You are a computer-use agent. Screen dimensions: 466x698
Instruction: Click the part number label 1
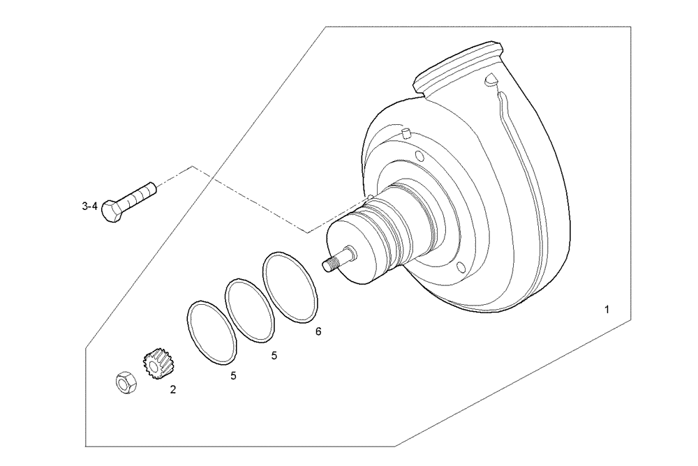tap(607, 309)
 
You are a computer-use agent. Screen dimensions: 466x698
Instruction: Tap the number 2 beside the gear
tap(173, 390)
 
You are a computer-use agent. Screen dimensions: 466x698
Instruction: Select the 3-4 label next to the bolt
tap(89, 206)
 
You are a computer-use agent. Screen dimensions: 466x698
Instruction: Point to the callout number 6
tap(318, 332)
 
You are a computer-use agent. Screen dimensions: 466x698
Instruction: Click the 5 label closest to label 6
tap(274, 356)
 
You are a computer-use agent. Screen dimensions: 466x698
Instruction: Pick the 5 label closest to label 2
tap(234, 376)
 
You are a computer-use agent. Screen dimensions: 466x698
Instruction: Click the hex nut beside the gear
tap(125, 383)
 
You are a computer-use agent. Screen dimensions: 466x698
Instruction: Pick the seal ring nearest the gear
tap(211, 332)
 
